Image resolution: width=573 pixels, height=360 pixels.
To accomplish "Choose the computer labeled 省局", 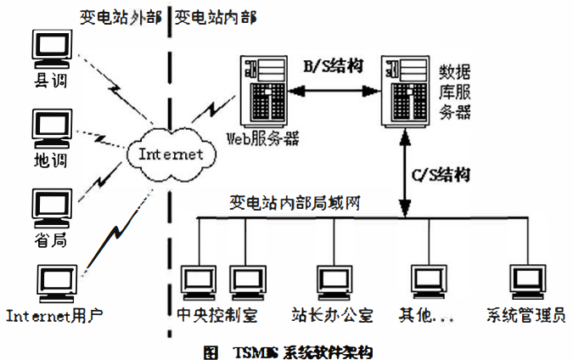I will click(x=50, y=206).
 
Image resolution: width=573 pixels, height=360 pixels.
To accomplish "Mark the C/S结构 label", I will click(x=440, y=175).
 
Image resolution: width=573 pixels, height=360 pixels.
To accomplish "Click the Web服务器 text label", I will click(x=263, y=138).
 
